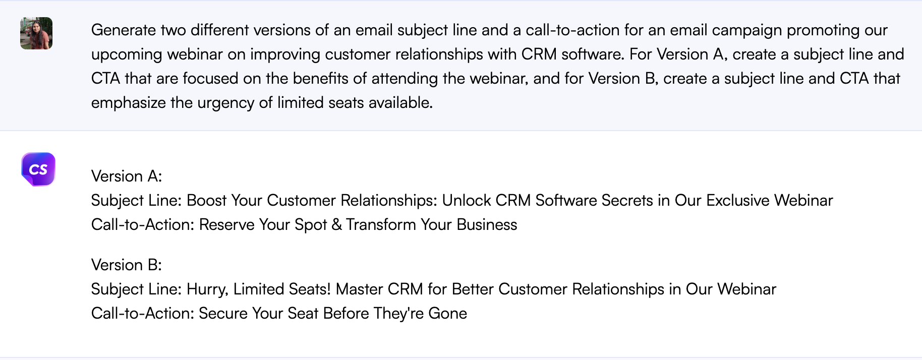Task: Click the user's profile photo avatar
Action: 36,33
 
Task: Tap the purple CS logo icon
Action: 38,169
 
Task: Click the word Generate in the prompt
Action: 124,30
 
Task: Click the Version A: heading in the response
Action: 127,176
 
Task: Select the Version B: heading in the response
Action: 127,265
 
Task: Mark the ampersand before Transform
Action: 336,224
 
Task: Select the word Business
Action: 487,224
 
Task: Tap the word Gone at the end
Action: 447,313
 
